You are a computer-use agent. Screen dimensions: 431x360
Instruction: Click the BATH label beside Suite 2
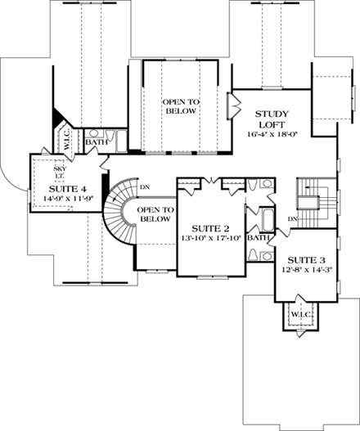point(259,238)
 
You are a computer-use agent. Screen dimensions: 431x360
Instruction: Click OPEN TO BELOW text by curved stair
point(155,214)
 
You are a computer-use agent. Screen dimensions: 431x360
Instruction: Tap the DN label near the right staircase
point(293,218)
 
